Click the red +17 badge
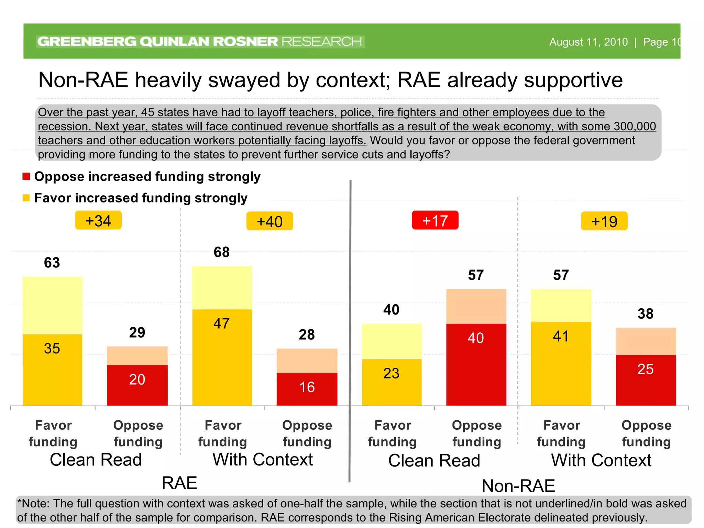[x=435, y=220]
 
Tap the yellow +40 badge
[x=269, y=221]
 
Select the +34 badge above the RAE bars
[x=98, y=220]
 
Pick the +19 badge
[x=604, y=221]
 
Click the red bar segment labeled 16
[x=307, y=389]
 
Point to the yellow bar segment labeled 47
[x=222, y=357]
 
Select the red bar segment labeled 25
[x=646, y=380]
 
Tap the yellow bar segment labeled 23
[x=392, y=382]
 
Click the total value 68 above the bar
[x=222, y=252]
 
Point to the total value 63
[x=52, y=263]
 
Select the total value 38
[x=645, y=314]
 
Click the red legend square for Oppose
[x=26, y=177]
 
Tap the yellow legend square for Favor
[x=26, y=198]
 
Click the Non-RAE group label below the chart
[x=518, y=486]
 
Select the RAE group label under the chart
[x=179, y=483]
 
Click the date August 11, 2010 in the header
[x=588, y=42]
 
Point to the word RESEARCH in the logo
[x=322, y=42]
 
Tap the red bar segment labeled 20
[x=137, y=385]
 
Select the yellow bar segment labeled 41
[x=561, y=363]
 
